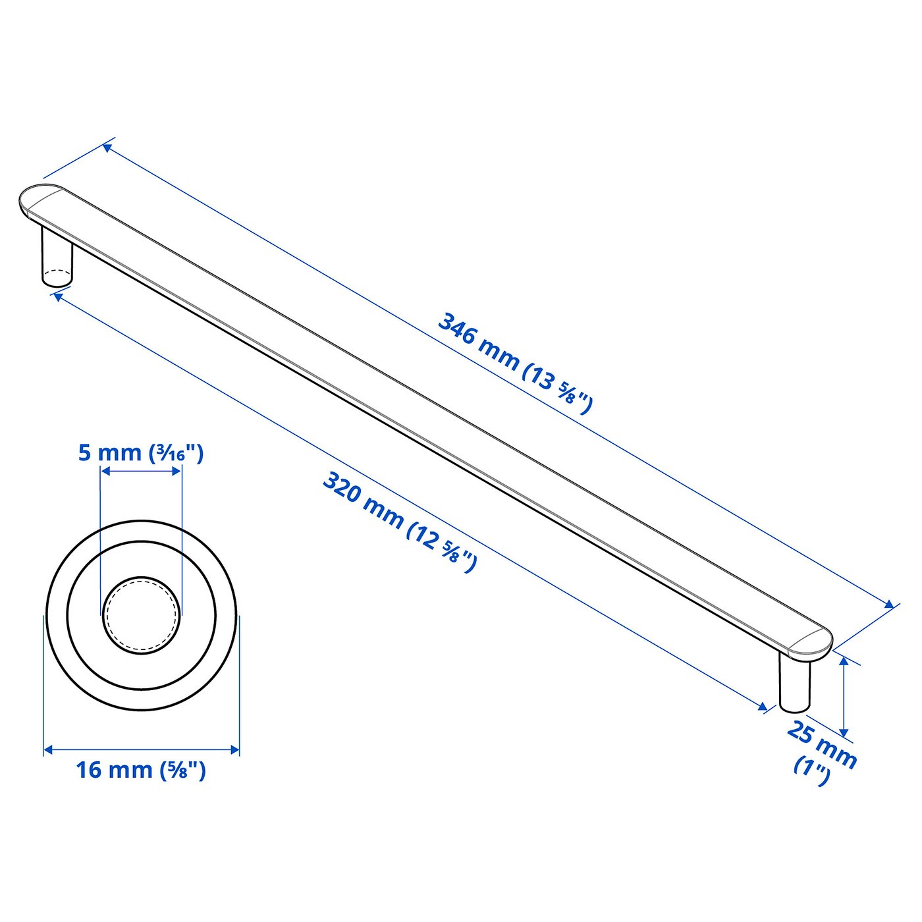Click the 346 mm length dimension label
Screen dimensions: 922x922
[x=516, y=362]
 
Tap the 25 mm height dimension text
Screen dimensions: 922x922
[x=822, y=745]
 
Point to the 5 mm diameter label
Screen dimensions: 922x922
[x=140, y=453]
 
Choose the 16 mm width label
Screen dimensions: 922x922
[x=140, y=769]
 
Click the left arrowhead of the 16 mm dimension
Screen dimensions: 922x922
[x=48, y=749]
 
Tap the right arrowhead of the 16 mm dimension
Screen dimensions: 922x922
[x=234, y=749]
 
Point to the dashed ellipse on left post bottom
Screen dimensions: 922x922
[x=57, y=274]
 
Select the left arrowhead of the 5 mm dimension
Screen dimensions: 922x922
[x=104, y=471]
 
